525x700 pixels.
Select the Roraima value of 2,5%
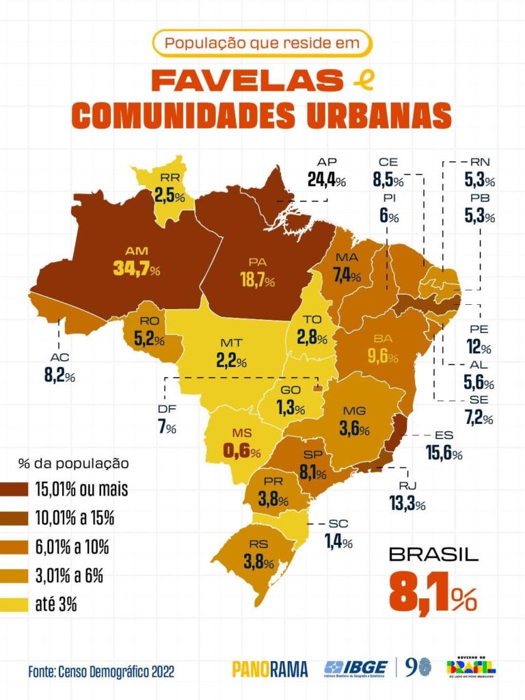(x=170, y=196)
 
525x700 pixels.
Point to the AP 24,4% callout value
(x=327, y=180)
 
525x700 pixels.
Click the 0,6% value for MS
(x=241, y=452)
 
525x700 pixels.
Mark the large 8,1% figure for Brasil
(x=433, y=594)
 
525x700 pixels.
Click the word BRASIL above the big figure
(x=433, y=554)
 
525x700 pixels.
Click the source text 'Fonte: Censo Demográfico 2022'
(x=101, y=671)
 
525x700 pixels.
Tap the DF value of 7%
(x=167, y=428)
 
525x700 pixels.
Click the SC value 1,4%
(x=338, y=543)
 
